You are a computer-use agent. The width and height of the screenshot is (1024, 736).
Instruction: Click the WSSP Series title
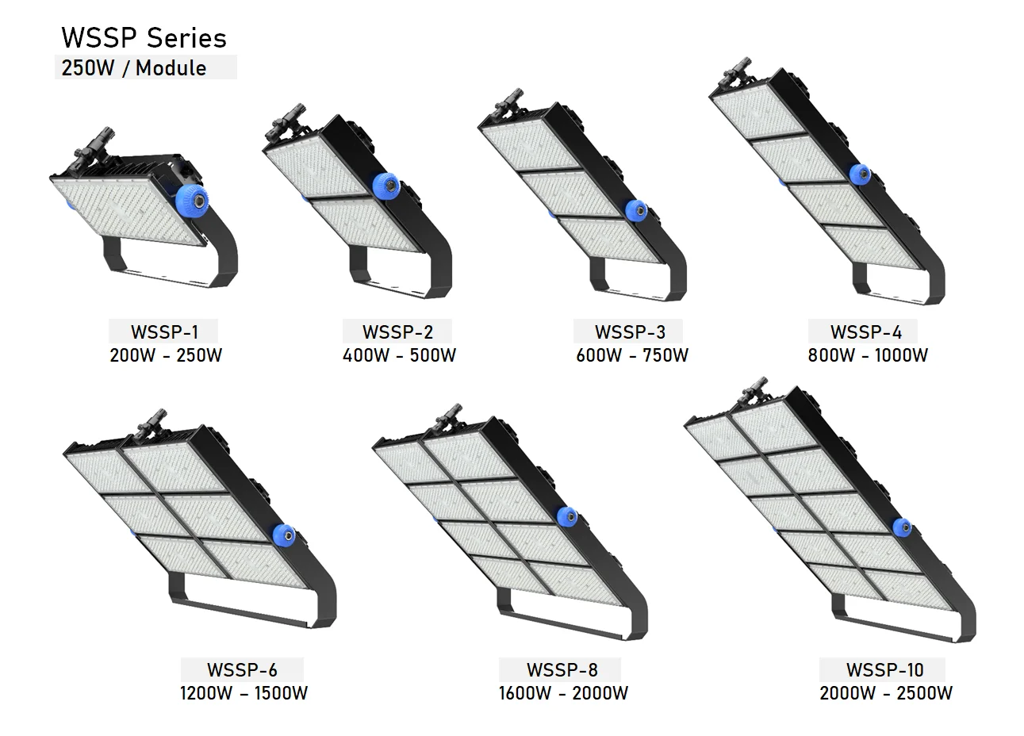[x=144, y=38]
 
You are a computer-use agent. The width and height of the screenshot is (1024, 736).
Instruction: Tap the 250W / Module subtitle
[x=134, y=68]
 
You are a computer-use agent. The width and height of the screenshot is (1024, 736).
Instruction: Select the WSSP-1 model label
[x=164, y=332]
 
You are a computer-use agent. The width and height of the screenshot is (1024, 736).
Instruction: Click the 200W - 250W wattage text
[x=166, y=355]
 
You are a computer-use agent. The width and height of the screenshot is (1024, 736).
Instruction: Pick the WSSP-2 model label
[x=397, y=332]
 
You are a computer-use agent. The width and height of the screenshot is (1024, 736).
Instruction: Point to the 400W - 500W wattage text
[x=399, y=355]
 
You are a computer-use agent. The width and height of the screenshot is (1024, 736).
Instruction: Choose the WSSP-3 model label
[x=631, y=332]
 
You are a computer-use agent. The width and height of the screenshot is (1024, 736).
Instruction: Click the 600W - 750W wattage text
[x=632, y=355]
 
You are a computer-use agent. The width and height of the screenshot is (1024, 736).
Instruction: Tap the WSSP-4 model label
[x=866, y=332]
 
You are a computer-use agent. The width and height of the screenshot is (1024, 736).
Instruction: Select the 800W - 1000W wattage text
[x=868, y=355]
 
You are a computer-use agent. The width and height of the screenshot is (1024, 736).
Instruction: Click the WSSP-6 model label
[x=243, y=669]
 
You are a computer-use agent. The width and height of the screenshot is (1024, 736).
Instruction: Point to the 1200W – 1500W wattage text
[x=244, y=693]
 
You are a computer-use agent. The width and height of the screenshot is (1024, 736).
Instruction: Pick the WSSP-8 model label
[x=562, y=669]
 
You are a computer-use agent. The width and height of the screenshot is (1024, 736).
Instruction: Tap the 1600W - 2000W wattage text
[x=563, y=693]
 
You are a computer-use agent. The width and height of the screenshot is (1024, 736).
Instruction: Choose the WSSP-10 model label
[x=884, y=669]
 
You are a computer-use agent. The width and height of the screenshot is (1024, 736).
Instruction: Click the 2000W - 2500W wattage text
[x=886, y=693]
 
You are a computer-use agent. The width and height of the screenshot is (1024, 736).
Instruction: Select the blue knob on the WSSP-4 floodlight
[x=859, y=174]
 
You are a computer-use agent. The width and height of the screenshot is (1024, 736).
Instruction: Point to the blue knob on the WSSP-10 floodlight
[x=902, y=527]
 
